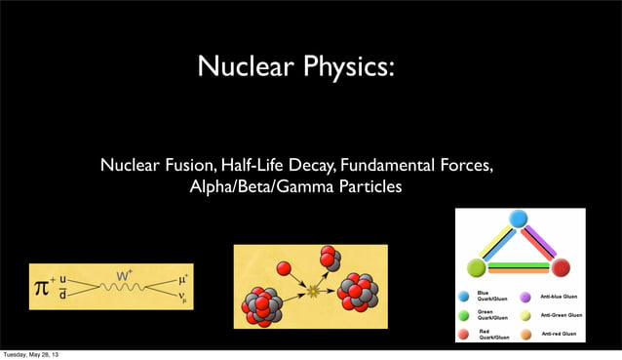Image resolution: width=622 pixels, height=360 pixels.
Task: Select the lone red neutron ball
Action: (284, 268)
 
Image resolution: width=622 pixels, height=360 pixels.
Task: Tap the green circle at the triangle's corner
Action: (477, 267)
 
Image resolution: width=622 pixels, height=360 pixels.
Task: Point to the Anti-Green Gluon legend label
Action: (561, 315)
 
